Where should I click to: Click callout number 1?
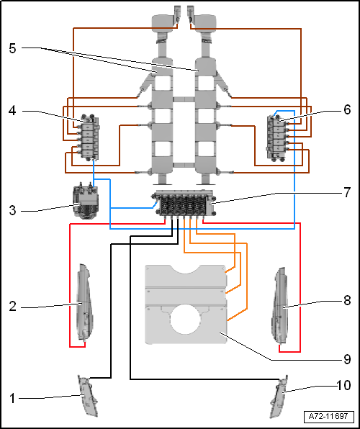point(12,398)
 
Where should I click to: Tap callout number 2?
point(12,307)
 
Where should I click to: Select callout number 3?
point(12,210)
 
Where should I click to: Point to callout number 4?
point(12,111)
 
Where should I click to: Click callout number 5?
point(12,48)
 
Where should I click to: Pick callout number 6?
point(347,109)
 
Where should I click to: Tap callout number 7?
point(347,192)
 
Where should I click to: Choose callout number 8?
point(347,300)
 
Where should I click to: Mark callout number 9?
point(347,359)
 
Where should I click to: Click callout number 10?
point(343,385)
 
